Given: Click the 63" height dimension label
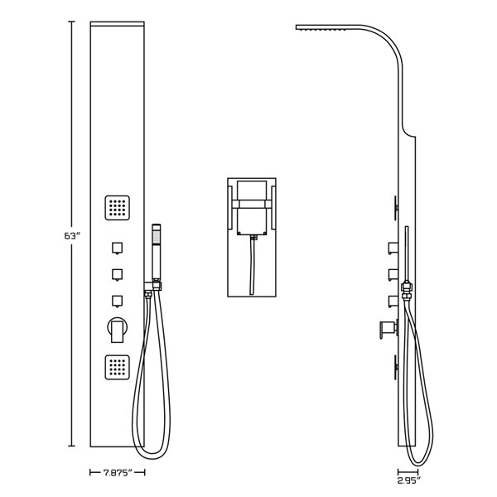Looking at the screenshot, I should coord(71,236).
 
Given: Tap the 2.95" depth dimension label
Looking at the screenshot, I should coord(408,480).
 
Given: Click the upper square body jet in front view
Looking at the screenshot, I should coord(117,207).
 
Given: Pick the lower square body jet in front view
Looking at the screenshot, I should coord(117,366).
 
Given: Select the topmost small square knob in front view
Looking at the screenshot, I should coord(117,247).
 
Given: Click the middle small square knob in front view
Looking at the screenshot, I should coord(117,273).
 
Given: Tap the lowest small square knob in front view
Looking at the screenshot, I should coord(117,300).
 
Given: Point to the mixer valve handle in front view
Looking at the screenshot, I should coord(117,330).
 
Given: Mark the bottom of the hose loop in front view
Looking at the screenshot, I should coord(146,454).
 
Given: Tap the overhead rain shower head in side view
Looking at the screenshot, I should coord(327,30).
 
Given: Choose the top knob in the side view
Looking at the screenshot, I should coord(391,246).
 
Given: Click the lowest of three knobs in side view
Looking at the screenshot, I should coord(391,300).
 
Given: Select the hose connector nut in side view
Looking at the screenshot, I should coord(407,291).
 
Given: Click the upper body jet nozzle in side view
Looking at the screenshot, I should coord(396,205).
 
